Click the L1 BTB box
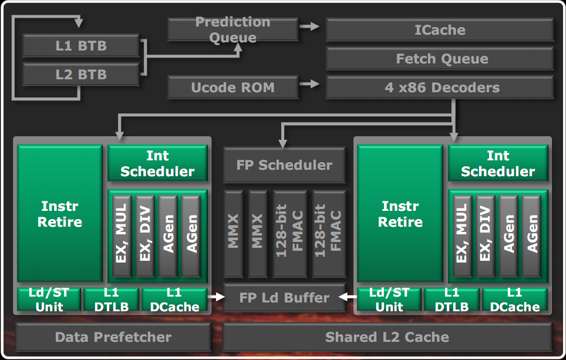coord(81,46)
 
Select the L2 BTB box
coord(81,75)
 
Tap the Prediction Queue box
coord(233,30)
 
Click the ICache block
coord(440,30)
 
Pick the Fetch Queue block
coord(440,59)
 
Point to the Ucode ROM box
coord(233,88)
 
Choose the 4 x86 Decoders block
coord(440,88)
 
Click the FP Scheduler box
coord(284,165)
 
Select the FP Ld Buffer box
coord(284,298)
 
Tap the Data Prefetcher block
coord(113,337)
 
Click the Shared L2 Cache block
coord(387,337)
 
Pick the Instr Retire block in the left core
coord(60,214)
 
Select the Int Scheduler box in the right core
coord(498,163)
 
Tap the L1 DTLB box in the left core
coord(111,300)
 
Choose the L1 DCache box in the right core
coord(514,300)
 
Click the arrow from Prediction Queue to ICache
coord(309,26)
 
